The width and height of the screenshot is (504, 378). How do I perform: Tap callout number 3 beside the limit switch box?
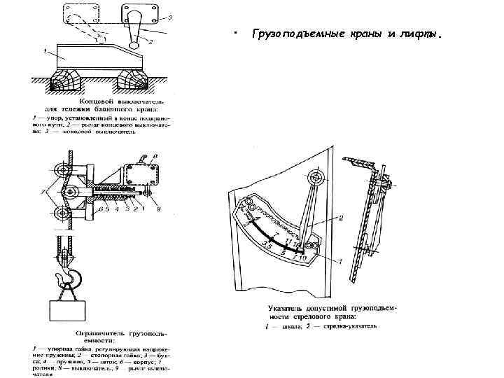[x=170, y=17]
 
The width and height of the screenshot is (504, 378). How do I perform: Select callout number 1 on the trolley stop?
[x=44, y=50]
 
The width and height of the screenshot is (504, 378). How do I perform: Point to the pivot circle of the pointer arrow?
[x=317, y=178]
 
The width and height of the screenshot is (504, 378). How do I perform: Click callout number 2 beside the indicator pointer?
[x=341, y=218]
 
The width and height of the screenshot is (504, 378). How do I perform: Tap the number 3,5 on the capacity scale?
[x=267, y=242]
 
